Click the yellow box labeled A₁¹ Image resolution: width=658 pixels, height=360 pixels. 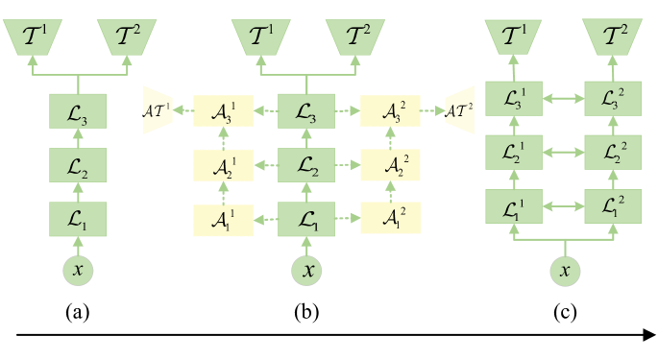[223, 221]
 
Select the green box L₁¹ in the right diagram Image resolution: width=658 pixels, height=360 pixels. [514, 205]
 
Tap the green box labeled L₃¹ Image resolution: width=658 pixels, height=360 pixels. [514, 96]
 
